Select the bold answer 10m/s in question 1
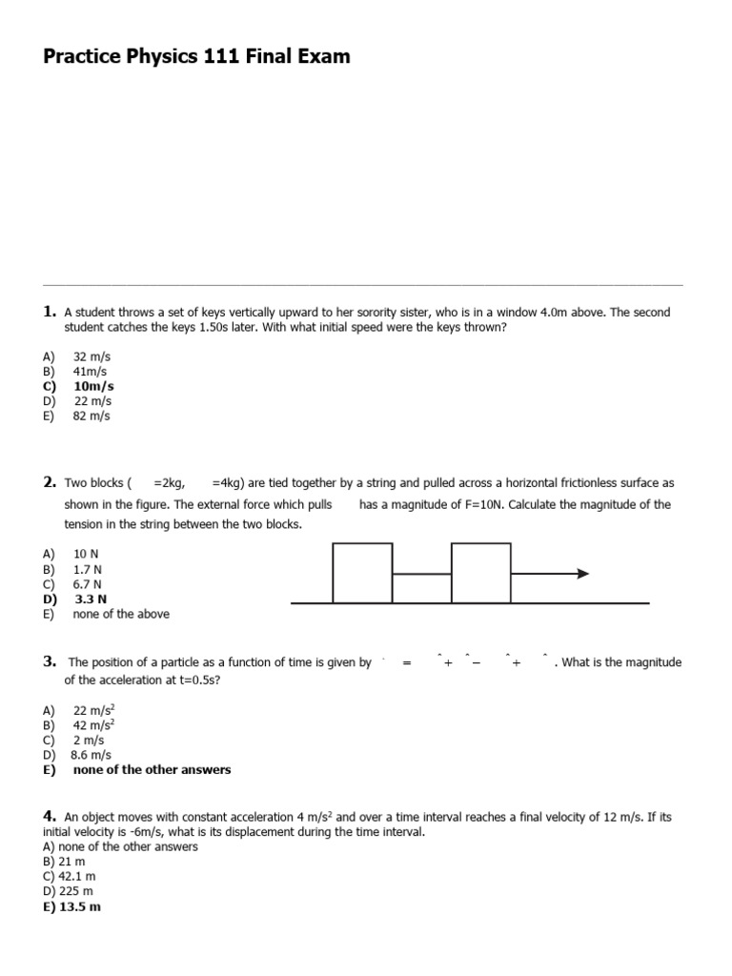(93, 386)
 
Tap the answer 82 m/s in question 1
(91, 417)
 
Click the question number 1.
(49, 312)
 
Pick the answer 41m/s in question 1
(91, 371)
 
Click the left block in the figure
(362, 573)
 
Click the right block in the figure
(480, 573)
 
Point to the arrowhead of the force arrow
(583, 574)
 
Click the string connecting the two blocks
(421, 574)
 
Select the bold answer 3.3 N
(91, 600)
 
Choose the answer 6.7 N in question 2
(88, 584)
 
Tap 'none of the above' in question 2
(121, 615)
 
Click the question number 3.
(49, 661)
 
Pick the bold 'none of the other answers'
(152, 770)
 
